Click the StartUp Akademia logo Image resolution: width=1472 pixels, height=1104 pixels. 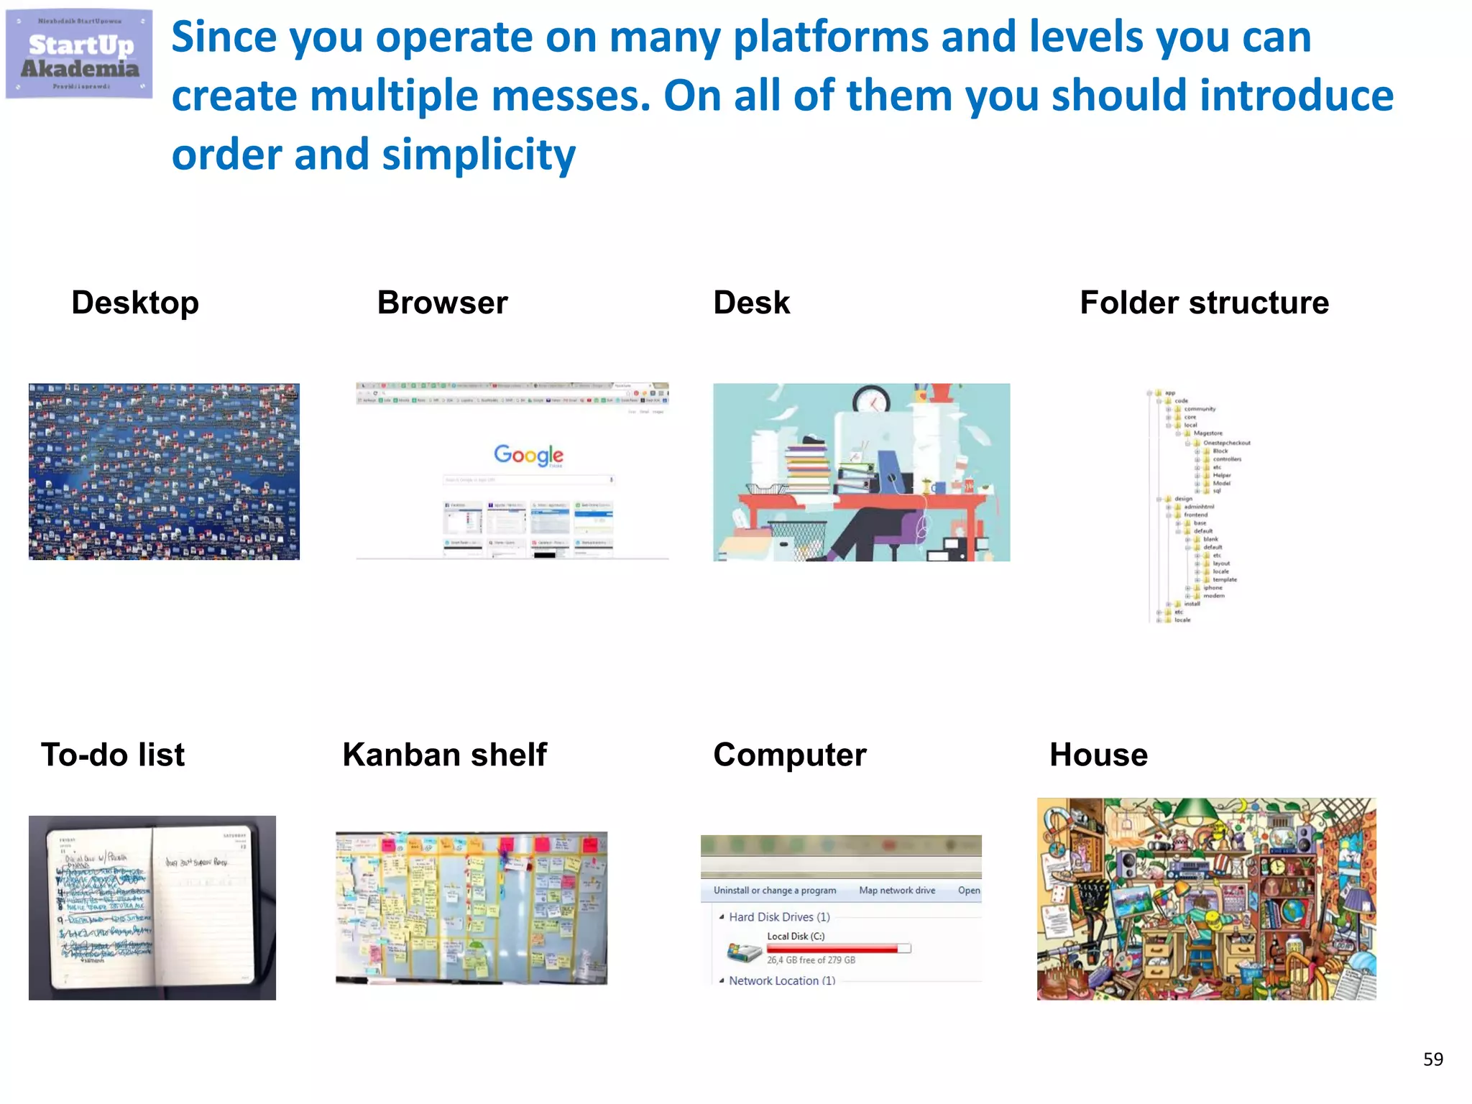79,55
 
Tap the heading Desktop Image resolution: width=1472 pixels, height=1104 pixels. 135,303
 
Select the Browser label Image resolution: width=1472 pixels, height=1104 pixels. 442,303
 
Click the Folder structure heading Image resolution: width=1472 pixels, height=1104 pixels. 1204,303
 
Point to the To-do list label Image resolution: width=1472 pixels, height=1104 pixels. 113,755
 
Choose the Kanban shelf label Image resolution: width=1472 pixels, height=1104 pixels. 444,755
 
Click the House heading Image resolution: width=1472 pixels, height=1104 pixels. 1098,755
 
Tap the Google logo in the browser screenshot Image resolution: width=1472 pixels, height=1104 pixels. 528,454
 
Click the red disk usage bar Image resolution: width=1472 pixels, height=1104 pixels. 834,949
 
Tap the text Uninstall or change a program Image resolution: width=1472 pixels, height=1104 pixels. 774,890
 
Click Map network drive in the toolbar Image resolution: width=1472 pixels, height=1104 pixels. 897,890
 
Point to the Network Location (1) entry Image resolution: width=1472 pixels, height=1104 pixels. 781,980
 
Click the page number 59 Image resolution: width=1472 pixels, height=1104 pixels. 1432,1059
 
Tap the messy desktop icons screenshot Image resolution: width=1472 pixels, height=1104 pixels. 164,471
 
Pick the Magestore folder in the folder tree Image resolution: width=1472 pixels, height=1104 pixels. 1207,433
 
